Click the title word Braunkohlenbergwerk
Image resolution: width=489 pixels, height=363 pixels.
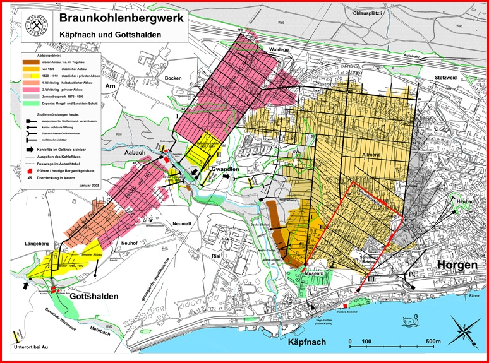click(122, 18)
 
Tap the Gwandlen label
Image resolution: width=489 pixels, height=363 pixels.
click(211, 170)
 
